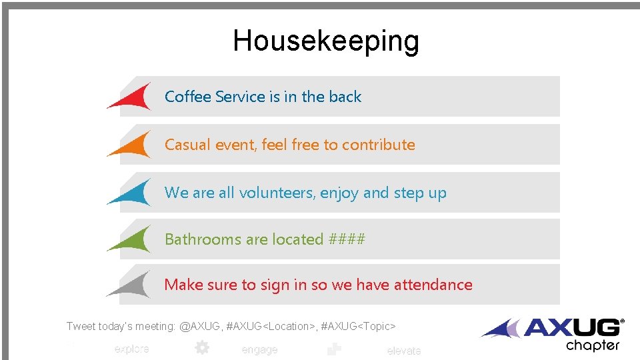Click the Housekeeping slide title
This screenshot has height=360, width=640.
click(x=326, y=41)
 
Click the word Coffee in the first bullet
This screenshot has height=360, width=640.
click(x=185, y=97)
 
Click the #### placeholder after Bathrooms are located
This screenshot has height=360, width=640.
click(x=347, y=239)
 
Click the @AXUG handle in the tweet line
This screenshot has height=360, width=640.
click(x=203, y=326)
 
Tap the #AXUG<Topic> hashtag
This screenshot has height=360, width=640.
click(x=359, y=326)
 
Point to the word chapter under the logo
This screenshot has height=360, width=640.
click(x=593, y=345)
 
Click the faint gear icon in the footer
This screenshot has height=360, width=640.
click(x=201, y=347)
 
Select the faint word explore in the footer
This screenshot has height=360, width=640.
click(x=131, y=349)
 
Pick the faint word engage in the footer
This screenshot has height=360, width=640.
click(x=259, y=350)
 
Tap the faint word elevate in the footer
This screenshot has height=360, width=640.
click(x=403, y=351)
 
